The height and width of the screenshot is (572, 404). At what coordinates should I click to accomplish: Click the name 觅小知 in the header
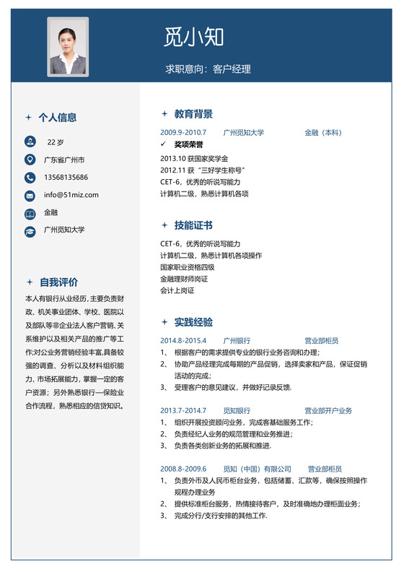pyautogui.click(x=194, y=37)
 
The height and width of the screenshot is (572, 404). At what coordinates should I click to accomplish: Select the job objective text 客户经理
pyautogui.click(x=232, y=69)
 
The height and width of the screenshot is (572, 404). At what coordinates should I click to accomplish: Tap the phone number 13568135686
pyautogui.click(x=66, y=178)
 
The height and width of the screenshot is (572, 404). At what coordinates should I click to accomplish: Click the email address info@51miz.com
pyautogui.click(x=71, y=195)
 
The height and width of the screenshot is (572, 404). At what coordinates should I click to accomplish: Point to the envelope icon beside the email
pyautogui.click(x=30, y=196)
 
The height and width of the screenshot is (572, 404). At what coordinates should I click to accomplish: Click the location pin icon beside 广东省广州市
pyautogui.click(x=30, y=160)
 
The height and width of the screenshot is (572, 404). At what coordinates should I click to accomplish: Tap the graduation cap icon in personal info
pyautogui.click(x=30, y=231)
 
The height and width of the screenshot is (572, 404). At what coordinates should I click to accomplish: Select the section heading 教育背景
pyautogui.click(x=193, y=114)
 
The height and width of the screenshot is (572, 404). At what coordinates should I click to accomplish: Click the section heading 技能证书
pyautogui.click(x=193, y=226)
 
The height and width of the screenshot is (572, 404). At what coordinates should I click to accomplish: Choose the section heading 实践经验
pyautogui.click(x=193, y=322)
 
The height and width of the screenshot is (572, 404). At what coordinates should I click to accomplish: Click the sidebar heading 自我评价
pyautogui.click(x=59, y=282)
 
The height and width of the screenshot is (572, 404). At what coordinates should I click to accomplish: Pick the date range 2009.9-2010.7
pyautogui.click(x=183, y=133)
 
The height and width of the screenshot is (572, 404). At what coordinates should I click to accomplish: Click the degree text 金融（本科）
pyautogui.click(x=322, y=133)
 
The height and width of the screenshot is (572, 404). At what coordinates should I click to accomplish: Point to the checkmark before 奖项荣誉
pyautogui.click(x=164, y=144)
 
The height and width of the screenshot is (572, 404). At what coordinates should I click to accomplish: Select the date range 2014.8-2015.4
pyautogui.click(x=183, y=340)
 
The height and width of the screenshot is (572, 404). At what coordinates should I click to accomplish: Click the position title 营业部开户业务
pyautogui.click(x=328, y=410)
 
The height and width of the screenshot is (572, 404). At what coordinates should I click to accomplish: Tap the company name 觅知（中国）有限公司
pyautogui.click(x=258, y=469)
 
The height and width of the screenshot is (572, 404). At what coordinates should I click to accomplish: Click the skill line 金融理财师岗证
pyautogui.click(x=184, y=279)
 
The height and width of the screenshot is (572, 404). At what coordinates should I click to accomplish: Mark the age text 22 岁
pyautogui.click(x=56, y=142)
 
